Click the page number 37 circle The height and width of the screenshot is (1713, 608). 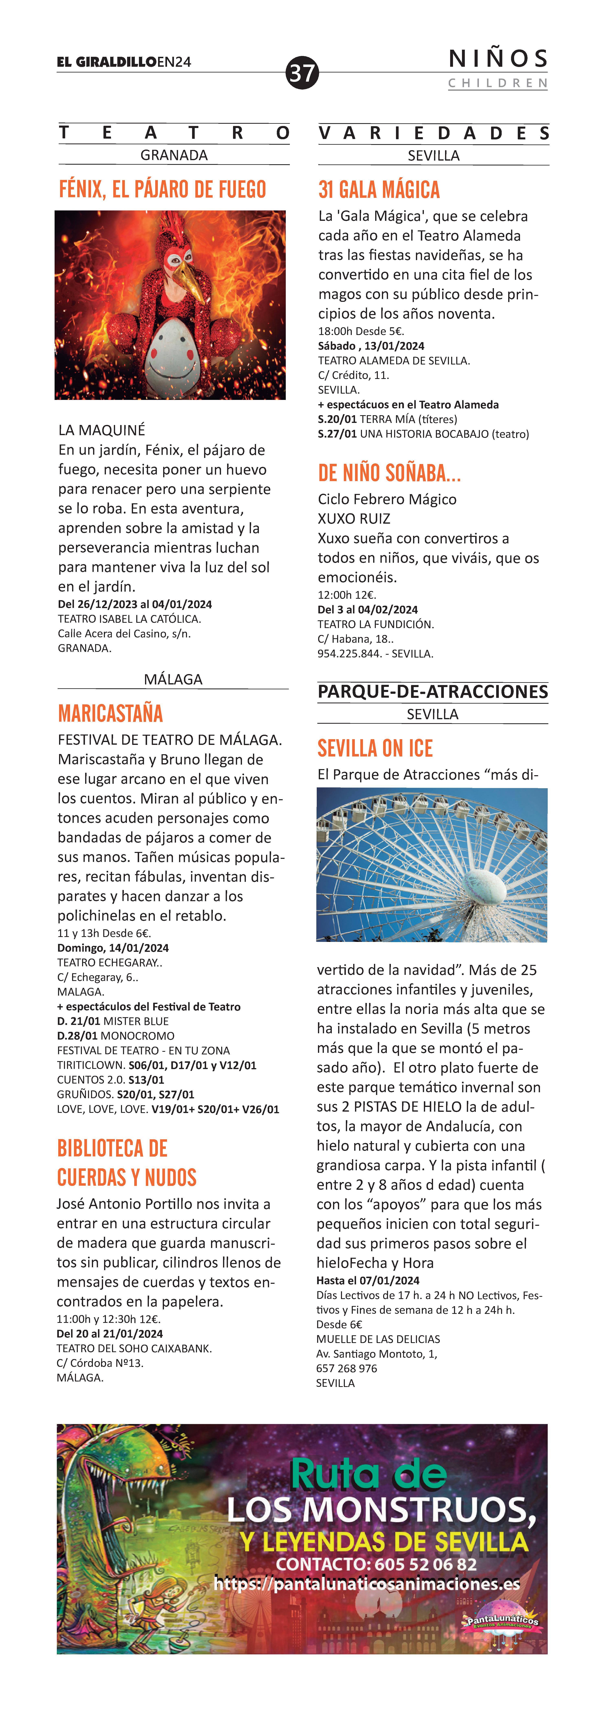click(x=302, y=72)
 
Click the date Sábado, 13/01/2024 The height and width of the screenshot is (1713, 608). click(x=371, y=346)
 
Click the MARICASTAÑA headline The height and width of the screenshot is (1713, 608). click(x=110, y=714)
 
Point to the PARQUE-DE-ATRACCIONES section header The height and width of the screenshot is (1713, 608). click(x=432, y=692)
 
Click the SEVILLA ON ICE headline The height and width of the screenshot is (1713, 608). click(x=375, y=749)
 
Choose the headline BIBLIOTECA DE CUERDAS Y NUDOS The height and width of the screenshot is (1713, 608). click(x=126, y=1163)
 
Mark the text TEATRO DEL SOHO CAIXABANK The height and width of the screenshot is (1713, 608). click(x=134, y=1349)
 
